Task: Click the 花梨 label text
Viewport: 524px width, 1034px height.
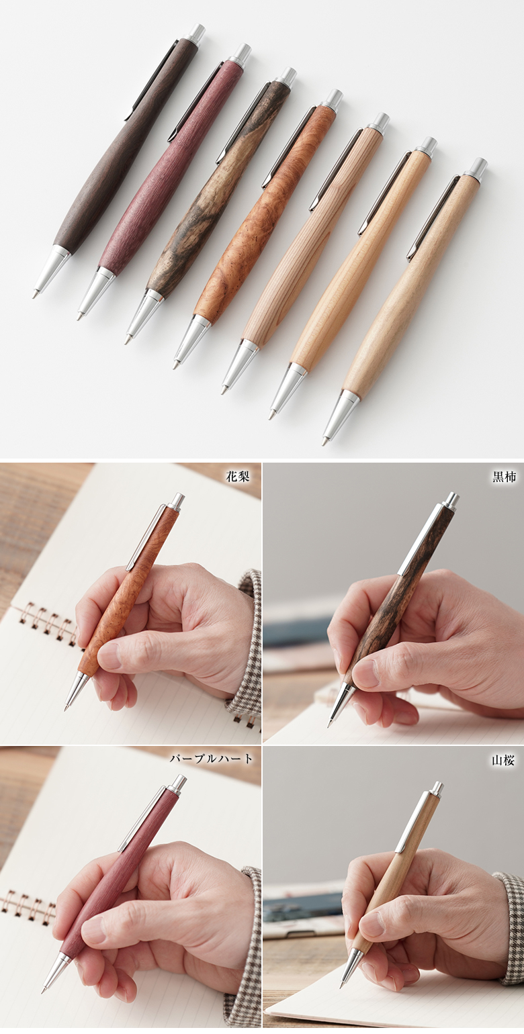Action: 238,477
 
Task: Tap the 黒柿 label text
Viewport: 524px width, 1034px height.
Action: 504,477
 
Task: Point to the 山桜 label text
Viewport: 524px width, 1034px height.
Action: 503,760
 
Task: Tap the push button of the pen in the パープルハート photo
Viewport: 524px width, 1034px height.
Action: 179,784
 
